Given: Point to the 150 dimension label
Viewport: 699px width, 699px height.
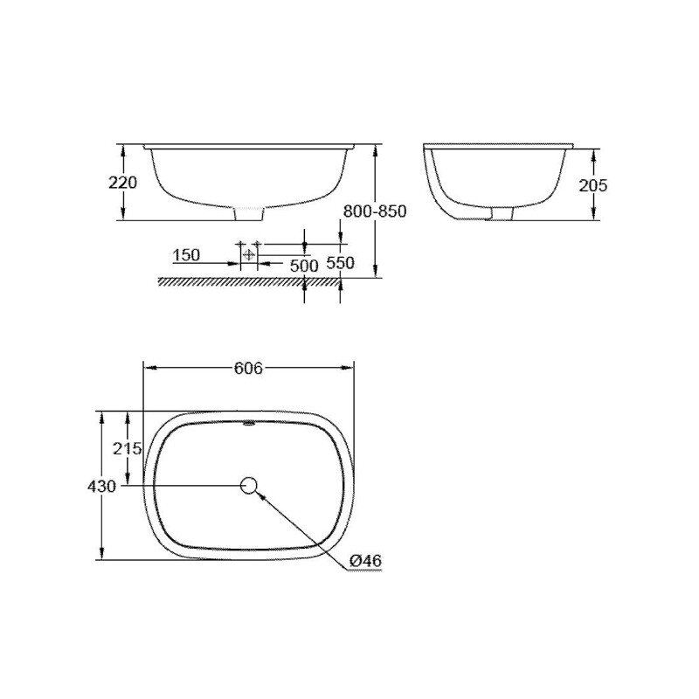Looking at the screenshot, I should [x=186, y=255].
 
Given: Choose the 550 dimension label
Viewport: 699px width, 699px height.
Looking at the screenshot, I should [x=339, y=263].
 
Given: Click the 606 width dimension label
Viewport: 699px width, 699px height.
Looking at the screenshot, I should [x=248, y=368].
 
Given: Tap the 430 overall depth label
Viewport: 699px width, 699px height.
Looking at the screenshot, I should [x=103, y=486].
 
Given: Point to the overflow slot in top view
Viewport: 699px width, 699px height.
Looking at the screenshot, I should [x=249, y=426].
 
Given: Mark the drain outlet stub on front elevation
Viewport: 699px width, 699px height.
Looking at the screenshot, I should [x=250, y=213].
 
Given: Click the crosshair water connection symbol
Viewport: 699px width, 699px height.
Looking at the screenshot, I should [x=250, y=254].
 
